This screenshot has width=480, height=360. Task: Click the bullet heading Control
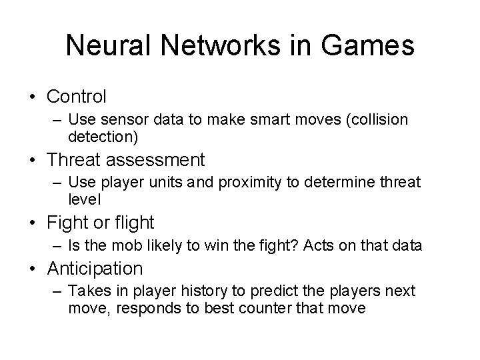[76, 97]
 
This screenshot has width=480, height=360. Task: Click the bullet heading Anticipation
[95, 269]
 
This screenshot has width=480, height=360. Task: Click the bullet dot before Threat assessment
[34, 160]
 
